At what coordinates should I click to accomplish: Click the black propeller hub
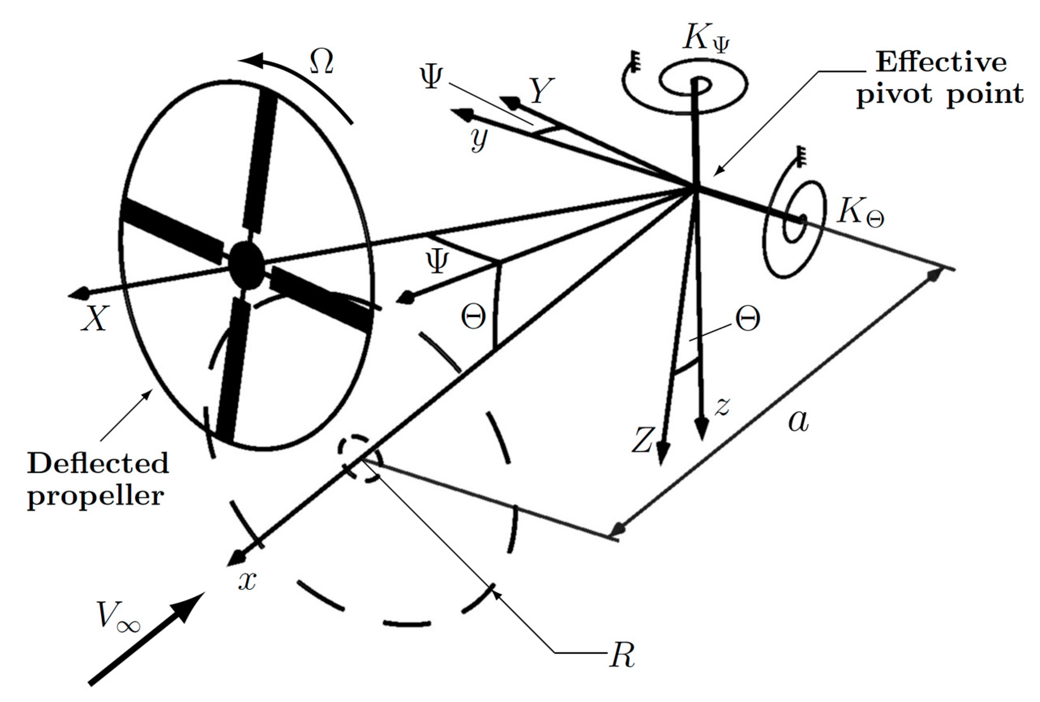246,265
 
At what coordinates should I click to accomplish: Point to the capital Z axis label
643,440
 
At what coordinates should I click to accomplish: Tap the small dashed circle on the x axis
360,458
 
